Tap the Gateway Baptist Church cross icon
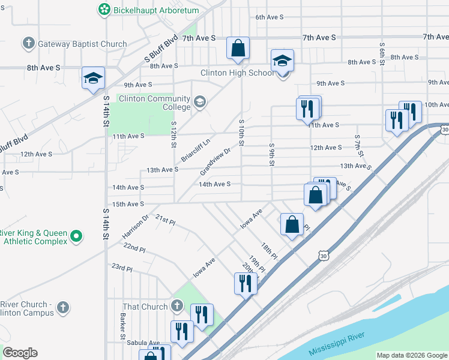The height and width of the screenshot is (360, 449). pos(28,43)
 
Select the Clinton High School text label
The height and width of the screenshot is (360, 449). pos(237,73)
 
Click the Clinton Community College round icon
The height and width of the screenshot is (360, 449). pos(199,103)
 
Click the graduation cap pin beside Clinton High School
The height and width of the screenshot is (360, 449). pos(282,61)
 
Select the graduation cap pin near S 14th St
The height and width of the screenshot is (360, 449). pos(93,78)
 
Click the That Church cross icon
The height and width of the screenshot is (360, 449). pos(176,307)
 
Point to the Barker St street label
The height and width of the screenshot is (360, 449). pos(122,324)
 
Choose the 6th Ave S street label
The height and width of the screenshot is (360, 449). pos(269,17)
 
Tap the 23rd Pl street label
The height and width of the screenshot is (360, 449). pos(121,267)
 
